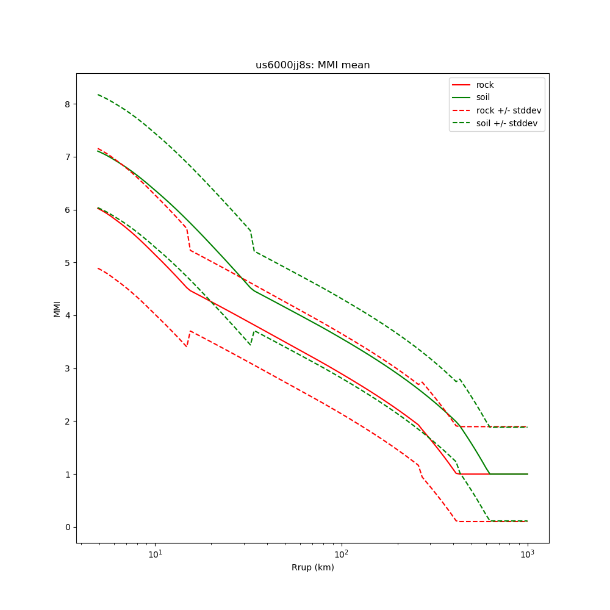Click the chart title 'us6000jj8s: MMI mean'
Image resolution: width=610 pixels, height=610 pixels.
point(312,65)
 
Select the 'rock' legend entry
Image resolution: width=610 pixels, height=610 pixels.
point(485,85)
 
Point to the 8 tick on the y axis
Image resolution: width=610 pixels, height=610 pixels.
point(67,104)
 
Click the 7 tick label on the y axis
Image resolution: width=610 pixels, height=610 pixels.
point(67,157)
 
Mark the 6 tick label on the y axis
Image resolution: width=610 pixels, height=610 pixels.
point(67,210)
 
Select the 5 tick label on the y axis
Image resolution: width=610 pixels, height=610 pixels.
point(67,263)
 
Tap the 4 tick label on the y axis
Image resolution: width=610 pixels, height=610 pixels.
point(67,315)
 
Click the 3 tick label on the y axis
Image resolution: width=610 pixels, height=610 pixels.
point(67,368)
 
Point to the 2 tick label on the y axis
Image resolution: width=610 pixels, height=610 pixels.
point(67,422)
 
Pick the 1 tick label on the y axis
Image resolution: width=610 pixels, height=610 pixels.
point(67,474)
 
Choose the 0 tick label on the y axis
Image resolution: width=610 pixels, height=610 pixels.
point(67,527)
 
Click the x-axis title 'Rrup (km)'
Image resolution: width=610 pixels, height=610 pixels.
point(312,567)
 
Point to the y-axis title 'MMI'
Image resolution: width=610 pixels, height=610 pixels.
point(57,309)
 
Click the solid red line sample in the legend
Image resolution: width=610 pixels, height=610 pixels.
point(462,85)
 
